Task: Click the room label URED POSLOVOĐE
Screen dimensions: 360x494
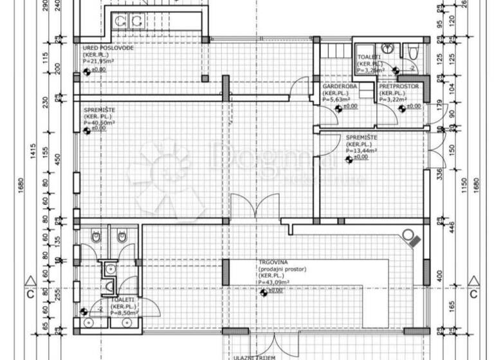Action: tap(107, 48)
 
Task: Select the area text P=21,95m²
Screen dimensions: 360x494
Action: tap(98, 61)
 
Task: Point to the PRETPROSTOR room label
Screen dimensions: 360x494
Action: tap(399, 86)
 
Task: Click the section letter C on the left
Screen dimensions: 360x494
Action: tap(29, 295)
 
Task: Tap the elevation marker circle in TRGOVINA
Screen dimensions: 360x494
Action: tap(263, 293)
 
